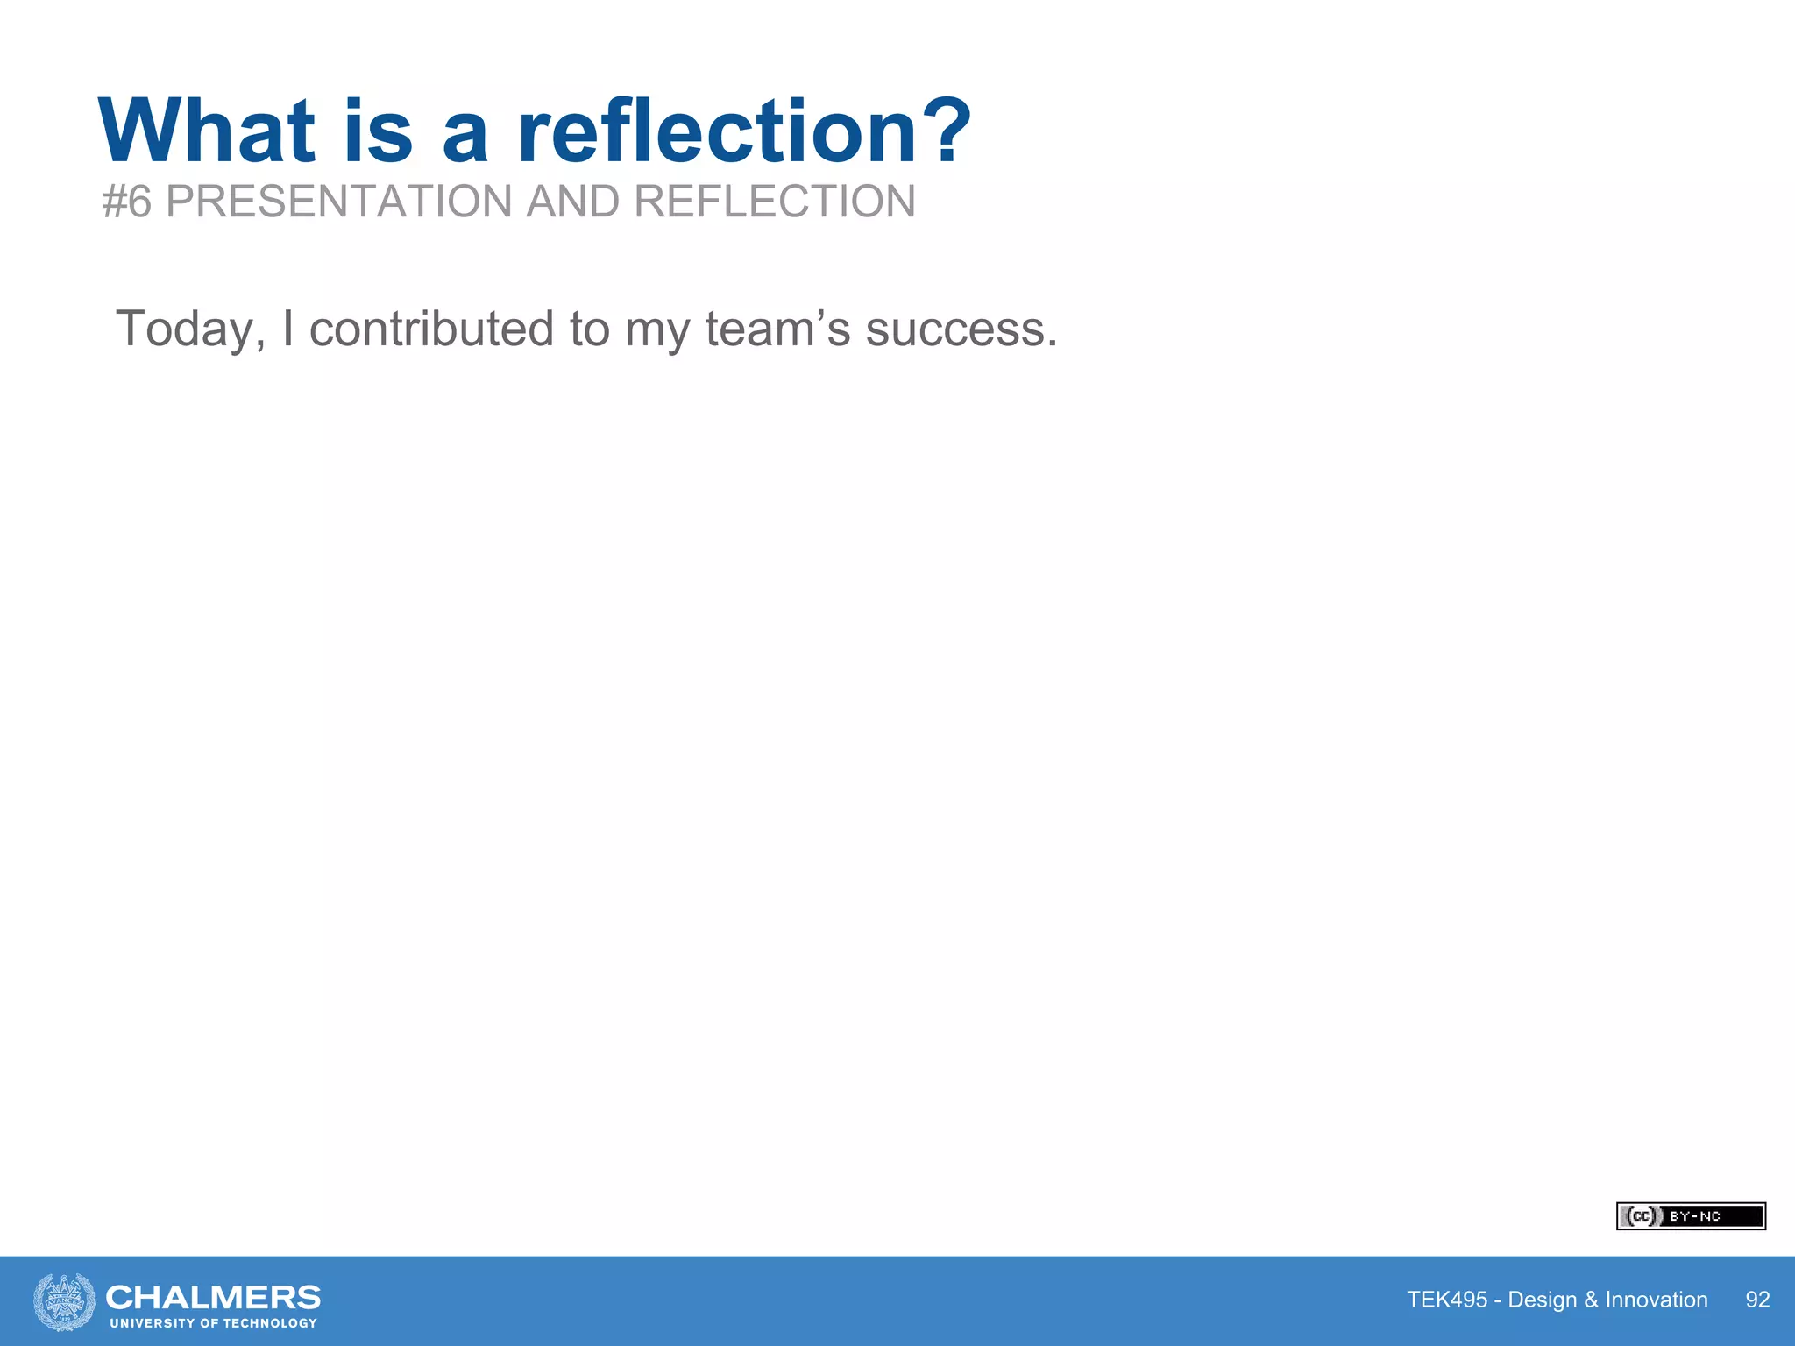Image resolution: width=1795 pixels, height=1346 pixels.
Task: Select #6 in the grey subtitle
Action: pyautogui.click(x=127, y=202)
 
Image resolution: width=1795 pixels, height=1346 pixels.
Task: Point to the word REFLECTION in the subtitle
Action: pyautogui.click(x=774, y=202)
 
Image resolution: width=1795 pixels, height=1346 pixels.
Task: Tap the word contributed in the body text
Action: pyautogui.click(x=432, y=329)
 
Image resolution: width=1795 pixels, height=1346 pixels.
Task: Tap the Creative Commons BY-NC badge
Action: pyautogui.click(x=1690, y=1216)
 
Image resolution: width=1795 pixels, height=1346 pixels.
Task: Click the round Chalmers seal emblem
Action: pyautogui.click(x=64, y=1301)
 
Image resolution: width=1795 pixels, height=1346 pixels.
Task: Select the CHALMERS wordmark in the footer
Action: pyautogui.click(x=213, y=1296)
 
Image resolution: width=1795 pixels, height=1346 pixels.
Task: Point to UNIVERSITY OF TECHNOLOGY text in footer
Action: pyautogui.click(x=213, y=1323)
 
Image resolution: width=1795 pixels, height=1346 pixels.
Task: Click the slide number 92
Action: pyautogui.click(x=1757, y=1300)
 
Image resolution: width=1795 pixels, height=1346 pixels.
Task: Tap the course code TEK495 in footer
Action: pyautogui.click(x=1447, y=1300)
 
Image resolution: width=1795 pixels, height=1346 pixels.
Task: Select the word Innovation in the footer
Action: pyautogui.click(x=1656, y=1300)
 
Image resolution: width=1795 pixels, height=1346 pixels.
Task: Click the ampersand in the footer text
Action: pyautogui.click(x=1591, y=1300)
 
